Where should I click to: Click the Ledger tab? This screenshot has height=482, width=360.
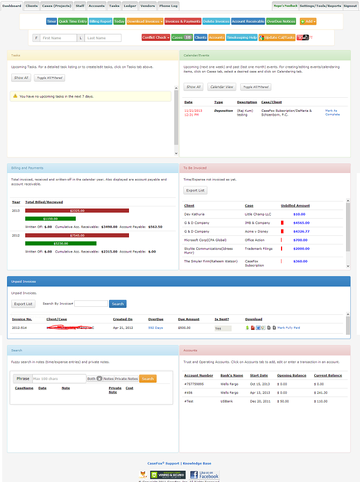pyautogui.click(x=130, y=6)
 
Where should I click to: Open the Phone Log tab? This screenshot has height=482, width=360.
pyautogui.click(x=168, y=6)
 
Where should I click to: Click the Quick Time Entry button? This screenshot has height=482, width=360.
pyautogui.click(x=73, y=21)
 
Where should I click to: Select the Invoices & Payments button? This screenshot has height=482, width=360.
pyautogui.click(x=183, y=21)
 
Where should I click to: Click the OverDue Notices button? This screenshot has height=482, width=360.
pyautogui.click(x=281, y=21)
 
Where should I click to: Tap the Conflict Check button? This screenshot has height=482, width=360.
pyautogui.click(x=155, y=38)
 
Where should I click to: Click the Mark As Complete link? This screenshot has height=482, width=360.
pyautogui.click(x=332, y=112)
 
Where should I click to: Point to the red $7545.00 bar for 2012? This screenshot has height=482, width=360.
pyautogui.click(x=77, y=235)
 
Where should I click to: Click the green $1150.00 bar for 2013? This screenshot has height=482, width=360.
pyautogui.click(x=51, y=219)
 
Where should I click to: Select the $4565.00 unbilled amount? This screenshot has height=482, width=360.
pyautogui.click(x=301, y=222)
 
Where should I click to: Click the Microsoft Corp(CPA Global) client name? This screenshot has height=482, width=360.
pyautogui.click(x=205, y=240)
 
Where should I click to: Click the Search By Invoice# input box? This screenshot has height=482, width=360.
pyautogui.click(x=91, y=304)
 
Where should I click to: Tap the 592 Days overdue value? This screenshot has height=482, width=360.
pyautogui.click(x=155, y=327)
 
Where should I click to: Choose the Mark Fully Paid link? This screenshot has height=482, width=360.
pyautogui.click(x=289, y=327)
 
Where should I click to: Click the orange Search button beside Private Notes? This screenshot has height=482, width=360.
pyautogui.click(x=148, y=378)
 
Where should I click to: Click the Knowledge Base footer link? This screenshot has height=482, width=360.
pyautogui.click(x=197, y=463)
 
